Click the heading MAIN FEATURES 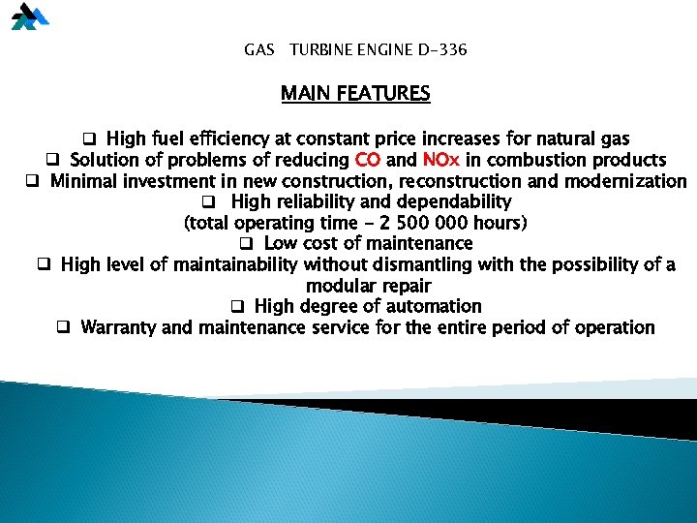coord(355,94)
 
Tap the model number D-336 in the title coord(437,48)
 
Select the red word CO coord(368,160)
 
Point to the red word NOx coord(441,160)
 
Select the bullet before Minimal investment coord(31,181)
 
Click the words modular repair coord(368,286)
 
